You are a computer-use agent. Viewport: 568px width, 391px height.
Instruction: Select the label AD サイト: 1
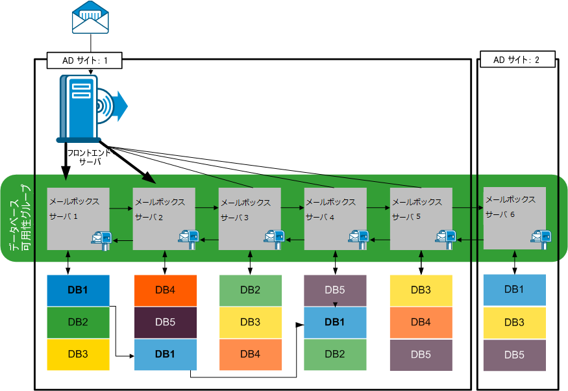(84, 60)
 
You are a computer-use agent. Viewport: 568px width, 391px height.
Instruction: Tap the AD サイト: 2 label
(516, 60)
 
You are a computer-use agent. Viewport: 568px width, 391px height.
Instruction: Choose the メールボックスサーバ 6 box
(515, 218)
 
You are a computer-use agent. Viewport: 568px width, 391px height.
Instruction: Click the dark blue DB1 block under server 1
(79, 290)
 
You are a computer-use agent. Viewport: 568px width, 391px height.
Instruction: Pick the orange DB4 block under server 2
(165, 290)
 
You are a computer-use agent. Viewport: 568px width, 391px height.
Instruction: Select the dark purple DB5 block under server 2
(165, 322)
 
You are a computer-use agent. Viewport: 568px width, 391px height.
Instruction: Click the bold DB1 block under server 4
(335, 322)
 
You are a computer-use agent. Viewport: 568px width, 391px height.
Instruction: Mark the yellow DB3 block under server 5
(421, 290)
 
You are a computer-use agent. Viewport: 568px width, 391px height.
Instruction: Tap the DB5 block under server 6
(514, 355)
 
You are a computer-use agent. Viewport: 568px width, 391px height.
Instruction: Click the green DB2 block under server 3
(250, 290)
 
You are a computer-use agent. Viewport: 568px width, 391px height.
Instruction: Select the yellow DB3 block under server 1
(79, 355)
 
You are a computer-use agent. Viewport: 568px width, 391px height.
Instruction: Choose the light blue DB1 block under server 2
(165, 355)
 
